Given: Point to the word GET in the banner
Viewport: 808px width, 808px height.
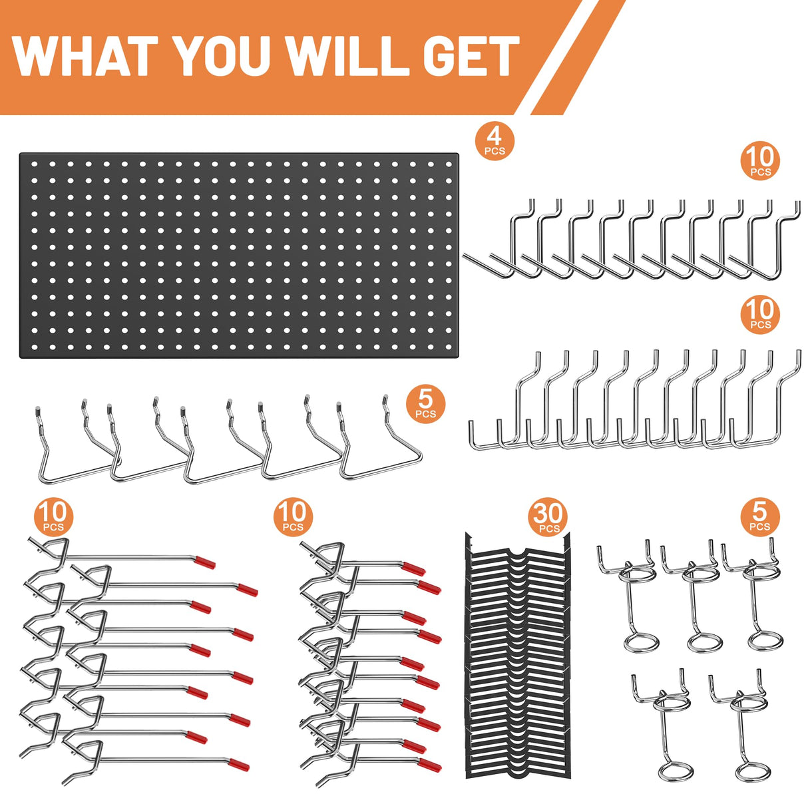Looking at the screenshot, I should point(470,56).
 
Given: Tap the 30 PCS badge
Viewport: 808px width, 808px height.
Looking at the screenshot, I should point(548,517).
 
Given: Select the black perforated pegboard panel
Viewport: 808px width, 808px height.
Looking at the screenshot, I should point(239,256).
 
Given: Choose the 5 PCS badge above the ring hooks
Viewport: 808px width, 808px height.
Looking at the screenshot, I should point(759,516).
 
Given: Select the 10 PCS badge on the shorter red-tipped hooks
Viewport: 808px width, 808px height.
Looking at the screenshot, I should point(292,516).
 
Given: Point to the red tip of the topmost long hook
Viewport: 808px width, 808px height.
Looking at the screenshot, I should point(206,563).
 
